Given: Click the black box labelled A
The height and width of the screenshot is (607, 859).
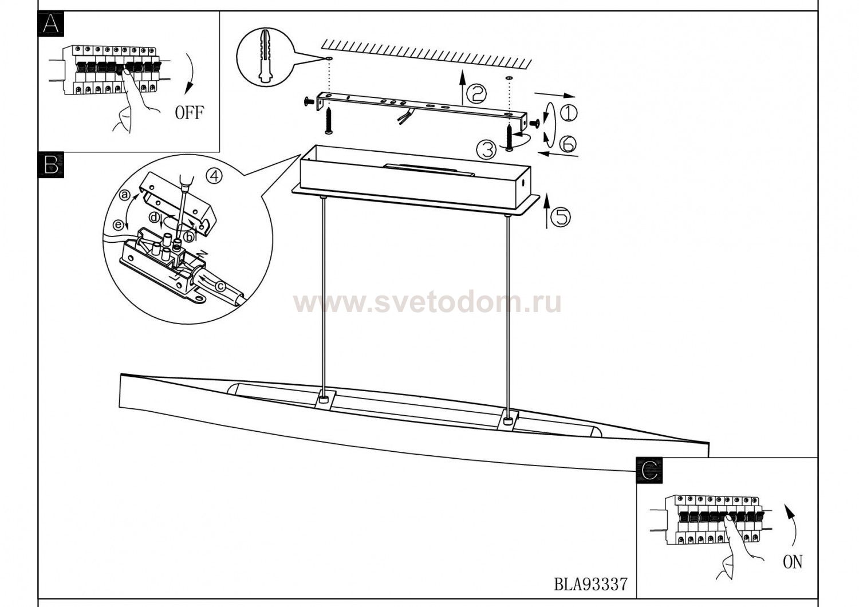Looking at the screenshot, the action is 51,24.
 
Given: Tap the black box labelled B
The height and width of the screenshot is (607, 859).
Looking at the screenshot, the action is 51,165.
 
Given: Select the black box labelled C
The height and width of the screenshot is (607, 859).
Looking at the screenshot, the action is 649,470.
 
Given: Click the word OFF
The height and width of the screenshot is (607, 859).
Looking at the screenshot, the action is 190,112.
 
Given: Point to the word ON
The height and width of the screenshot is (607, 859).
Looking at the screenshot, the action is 792,562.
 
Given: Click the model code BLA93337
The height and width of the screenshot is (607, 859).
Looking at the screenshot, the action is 591,584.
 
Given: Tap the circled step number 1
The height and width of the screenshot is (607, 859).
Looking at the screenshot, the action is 569,113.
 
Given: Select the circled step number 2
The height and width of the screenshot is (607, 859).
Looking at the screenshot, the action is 476,94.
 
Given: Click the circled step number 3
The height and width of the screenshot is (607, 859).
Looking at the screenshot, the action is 487,149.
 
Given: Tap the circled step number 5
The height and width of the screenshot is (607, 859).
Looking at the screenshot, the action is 560,216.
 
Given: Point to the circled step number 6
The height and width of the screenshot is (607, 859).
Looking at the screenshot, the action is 568,144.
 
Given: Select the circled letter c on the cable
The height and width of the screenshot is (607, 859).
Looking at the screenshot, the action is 220,286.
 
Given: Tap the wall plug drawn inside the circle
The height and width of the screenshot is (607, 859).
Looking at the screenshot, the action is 265,56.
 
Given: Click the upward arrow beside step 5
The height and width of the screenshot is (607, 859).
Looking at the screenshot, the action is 547,211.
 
